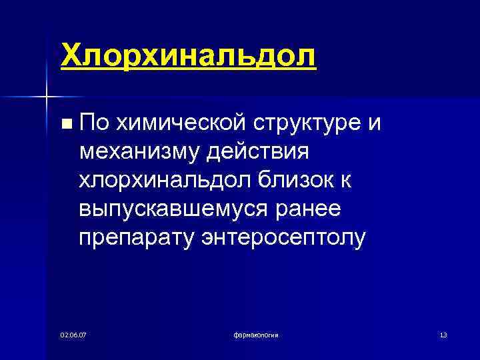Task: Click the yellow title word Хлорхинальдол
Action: [x=188, y=55]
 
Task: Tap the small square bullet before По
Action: [x=65, y=123]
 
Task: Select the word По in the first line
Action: [x=93, y=123]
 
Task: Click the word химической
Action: [x=177, y=123]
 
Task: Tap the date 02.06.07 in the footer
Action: [x=73, y=333]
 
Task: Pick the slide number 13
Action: [x=443, y=333]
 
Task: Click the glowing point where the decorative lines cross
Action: [x=46, y=98]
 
